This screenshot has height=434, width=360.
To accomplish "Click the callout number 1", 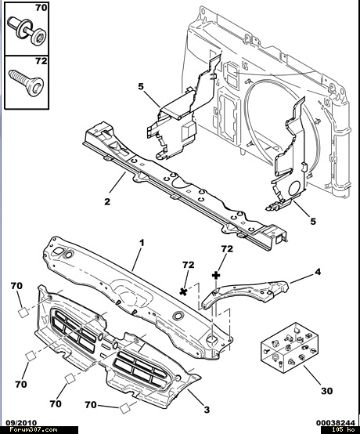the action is point(142,244).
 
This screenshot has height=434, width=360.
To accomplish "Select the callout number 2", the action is point(107,201).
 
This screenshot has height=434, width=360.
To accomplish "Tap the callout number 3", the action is point(207,410).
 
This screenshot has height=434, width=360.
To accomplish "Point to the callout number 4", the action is point(318,272).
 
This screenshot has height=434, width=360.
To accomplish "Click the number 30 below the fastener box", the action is point(326,391).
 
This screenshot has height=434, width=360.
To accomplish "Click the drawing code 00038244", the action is point(336,423).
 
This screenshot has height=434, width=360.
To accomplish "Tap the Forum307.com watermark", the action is point(34,430).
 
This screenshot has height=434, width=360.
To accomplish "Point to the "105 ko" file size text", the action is point(343,430).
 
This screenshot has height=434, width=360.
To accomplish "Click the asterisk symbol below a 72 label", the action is point(183,291).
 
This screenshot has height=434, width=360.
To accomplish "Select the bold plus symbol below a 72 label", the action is point(216,276).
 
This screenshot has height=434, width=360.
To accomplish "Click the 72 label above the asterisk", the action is point(189,265).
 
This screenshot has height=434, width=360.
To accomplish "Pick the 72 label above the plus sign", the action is point(227,249).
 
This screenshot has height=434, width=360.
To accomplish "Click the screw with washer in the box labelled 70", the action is point(27,31).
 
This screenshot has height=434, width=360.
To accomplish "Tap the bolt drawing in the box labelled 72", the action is point(27,82).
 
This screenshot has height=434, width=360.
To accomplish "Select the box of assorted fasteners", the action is point(290,348).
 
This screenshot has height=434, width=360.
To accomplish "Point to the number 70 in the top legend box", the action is point(41,8).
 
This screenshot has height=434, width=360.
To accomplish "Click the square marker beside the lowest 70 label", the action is point(124,407).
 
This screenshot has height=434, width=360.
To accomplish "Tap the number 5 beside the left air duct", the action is point(141,87).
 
